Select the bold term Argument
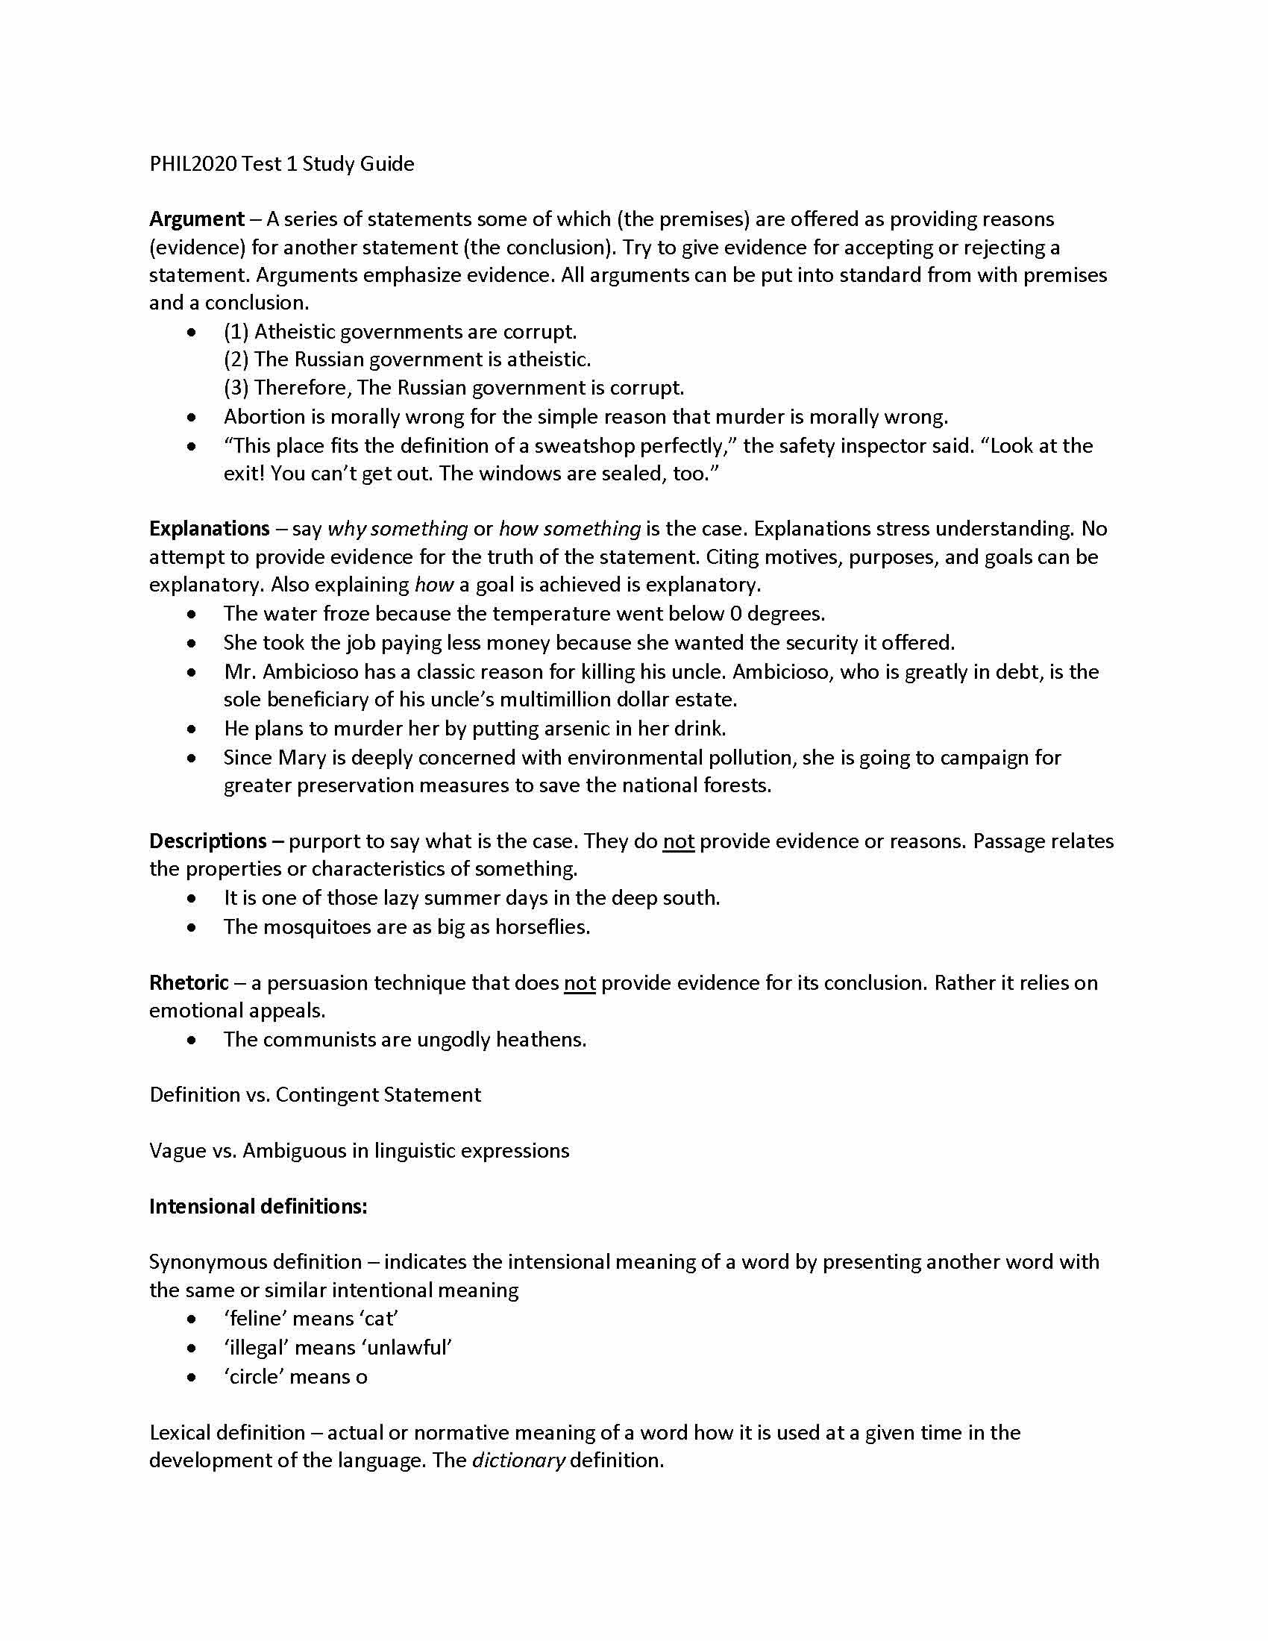point(197,219)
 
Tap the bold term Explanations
point(209,528)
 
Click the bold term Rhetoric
point(189,982)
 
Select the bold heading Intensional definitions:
point(257,1206)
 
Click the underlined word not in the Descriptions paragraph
point(677,841)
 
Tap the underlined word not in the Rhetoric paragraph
point(579,983)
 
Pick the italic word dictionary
point(518,1460)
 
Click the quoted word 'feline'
point(253,1319)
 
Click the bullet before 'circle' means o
point(193,1376)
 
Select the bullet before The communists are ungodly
point(193,1040)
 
